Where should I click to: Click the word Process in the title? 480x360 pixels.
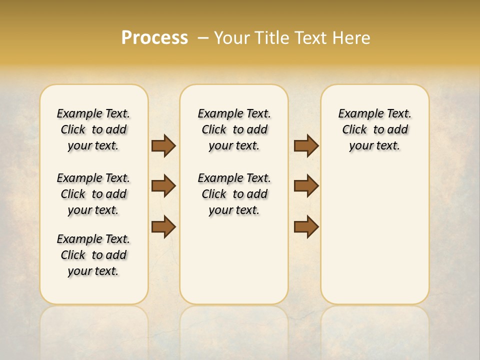click(x=154, y=38)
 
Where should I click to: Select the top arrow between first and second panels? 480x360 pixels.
click(x=163, y=145)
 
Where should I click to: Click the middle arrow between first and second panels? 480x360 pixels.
click(x=163, y=186)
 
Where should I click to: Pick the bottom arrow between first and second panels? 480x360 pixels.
click(x=163, y=227)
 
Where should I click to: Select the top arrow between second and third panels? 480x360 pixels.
click(x=306, y=145)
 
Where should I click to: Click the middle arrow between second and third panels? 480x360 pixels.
click(x=306, y=186)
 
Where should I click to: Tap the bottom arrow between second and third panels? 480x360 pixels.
click(x=306, y=227)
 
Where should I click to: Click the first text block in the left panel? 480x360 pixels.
click(x=93, y=129)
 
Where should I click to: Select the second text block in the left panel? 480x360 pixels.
click(x=93, y=194)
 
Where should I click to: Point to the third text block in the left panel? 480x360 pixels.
click(x=93, y=255)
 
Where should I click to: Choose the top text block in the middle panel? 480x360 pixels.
click(x=234, y=129)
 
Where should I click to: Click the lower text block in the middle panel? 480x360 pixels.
click(x=234, y=194)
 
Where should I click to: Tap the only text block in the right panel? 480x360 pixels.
click(x=374, y=129)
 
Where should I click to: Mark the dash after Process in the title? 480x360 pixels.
click(x=203, y=38)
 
